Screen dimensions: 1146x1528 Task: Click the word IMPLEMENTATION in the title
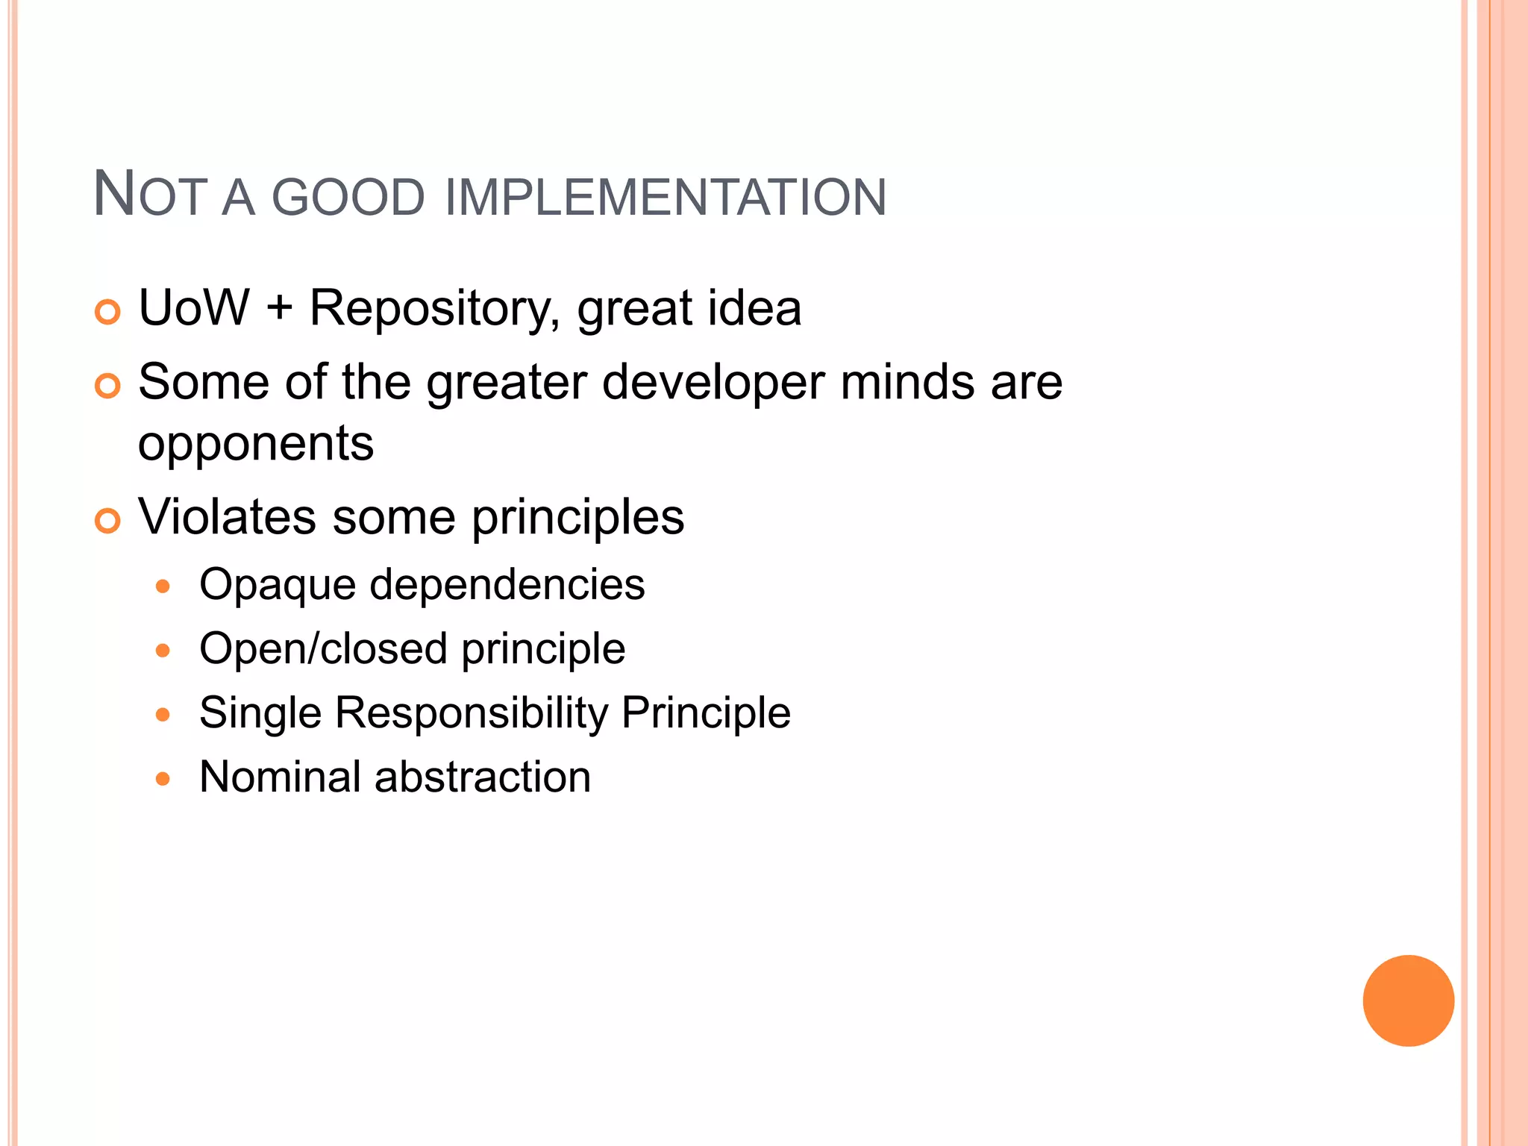pyautogui.click(x=666, y=198)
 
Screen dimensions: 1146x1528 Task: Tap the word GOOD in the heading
pyautogui.click(x=348, y=198)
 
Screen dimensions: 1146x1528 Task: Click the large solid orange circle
pyautogui.click(x=1408, y=1001)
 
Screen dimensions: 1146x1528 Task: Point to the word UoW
pyautogui.click(x=194, y=307)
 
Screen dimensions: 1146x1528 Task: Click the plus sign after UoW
pyautogui.click(x=279, y=309)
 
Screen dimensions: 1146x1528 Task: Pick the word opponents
pyautogui.click(x=256, y=443)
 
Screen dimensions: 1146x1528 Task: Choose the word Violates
pyautogui.click(x=227, y=516)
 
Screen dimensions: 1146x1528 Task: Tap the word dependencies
pyautogui.click(x=507, y=583)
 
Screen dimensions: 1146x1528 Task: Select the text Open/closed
pyautogui.click(x=323, y=648)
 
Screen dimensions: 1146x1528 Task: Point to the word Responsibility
pyautogui.click(x=472, y=713)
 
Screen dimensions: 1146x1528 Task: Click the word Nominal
pyautogui.click(x=281, y=777)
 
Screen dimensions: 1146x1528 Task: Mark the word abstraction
pyautogui.click(x=483, y=777)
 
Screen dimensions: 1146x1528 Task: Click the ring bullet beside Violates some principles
pyautogui.click(x=108, y=521)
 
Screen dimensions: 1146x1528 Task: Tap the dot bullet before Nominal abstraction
pyautogui.click(x=163, y=780)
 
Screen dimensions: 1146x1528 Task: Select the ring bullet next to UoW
pyautogui.click(x=108, y=312)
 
